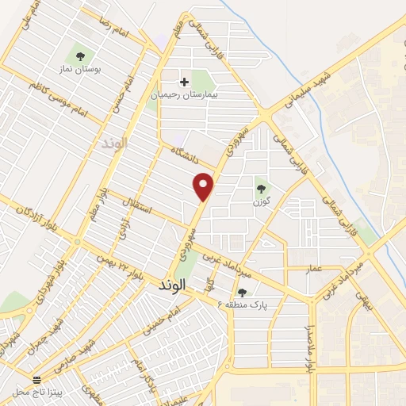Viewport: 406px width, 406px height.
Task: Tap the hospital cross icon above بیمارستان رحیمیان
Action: pyautogui.click(x=184, y=81)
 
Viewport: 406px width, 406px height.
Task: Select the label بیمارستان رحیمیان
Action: pyautogui.click(x=185, y=94)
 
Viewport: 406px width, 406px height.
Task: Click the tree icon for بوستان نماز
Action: pyautogui.click(x=79, y=56)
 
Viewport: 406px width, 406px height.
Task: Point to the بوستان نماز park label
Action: pyautogui.click(x=79, y=70)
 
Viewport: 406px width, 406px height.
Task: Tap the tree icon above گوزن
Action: pyautogui.click(x=261, y=188)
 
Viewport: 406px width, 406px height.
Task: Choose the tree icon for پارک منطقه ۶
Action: pyautogui.click(x=242, y=293)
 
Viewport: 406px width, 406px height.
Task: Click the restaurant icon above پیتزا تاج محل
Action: pyautogui.click(x=36, y=380)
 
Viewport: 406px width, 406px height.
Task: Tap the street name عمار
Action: pyautogui.click(x=315, y=269)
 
